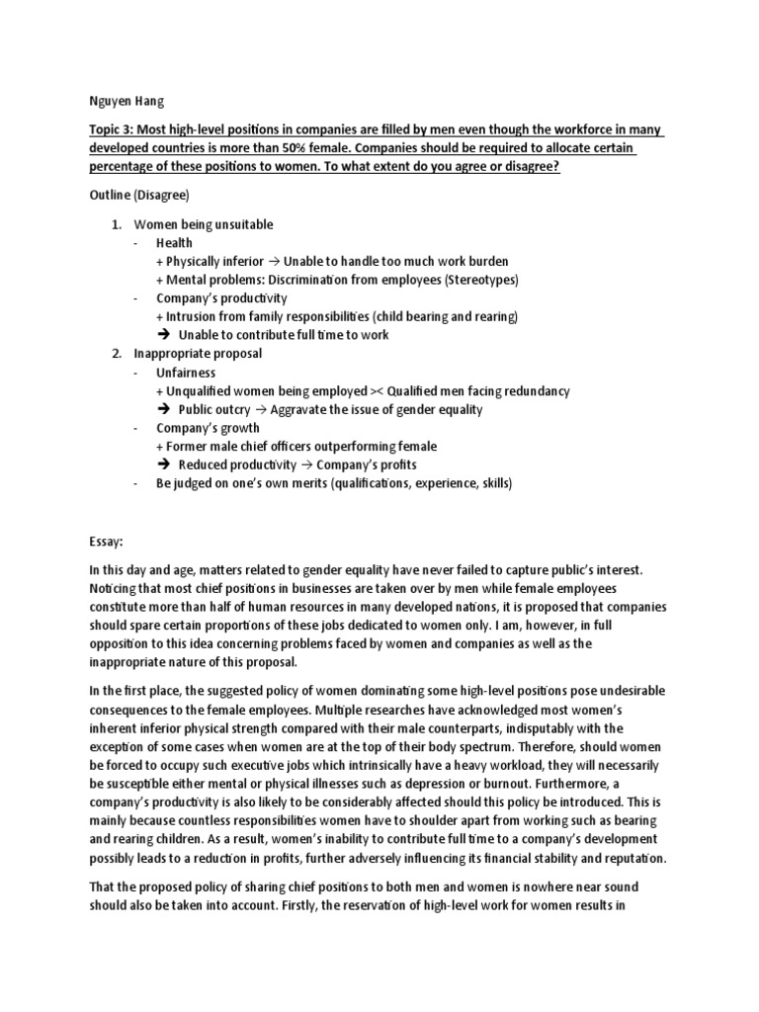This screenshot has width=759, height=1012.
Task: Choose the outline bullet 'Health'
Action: (x=174, y=243)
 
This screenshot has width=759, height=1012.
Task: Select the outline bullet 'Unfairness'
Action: (x=185, y=372)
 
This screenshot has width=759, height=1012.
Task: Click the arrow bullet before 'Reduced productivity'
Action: (x=165, y=464)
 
